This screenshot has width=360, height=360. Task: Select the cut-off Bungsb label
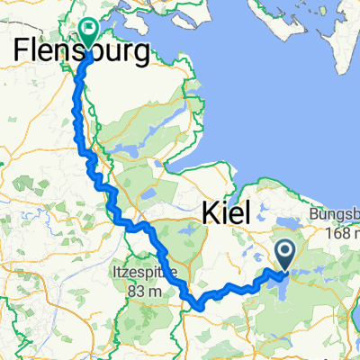(x=334, y=215)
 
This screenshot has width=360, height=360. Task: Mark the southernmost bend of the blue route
(x=196, y=306)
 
